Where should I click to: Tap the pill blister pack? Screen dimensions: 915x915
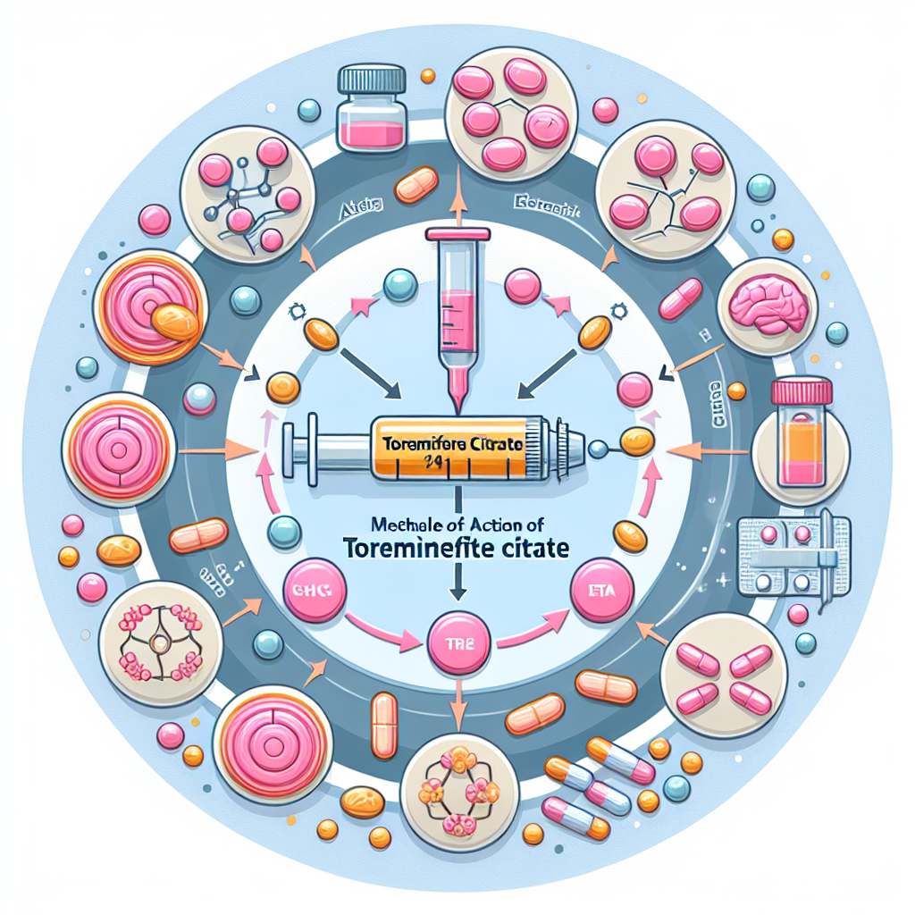[x=784, y=557]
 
